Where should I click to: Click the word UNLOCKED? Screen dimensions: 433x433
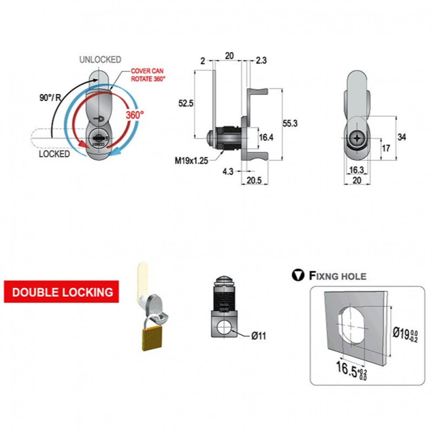point(100,60)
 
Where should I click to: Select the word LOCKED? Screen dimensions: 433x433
point(54,154)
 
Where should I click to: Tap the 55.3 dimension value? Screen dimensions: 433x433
point(290,123)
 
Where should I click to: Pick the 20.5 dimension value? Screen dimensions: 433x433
point(255,181)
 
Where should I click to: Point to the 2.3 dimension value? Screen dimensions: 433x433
point(261,61)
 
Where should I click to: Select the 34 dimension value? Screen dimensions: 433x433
point(402,138)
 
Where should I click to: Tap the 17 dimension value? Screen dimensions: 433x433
point(386,148)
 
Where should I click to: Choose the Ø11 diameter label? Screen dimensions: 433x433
point(258,336)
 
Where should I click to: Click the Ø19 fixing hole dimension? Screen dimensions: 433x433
point(404,333)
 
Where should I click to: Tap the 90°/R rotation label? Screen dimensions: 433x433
point(50,97)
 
